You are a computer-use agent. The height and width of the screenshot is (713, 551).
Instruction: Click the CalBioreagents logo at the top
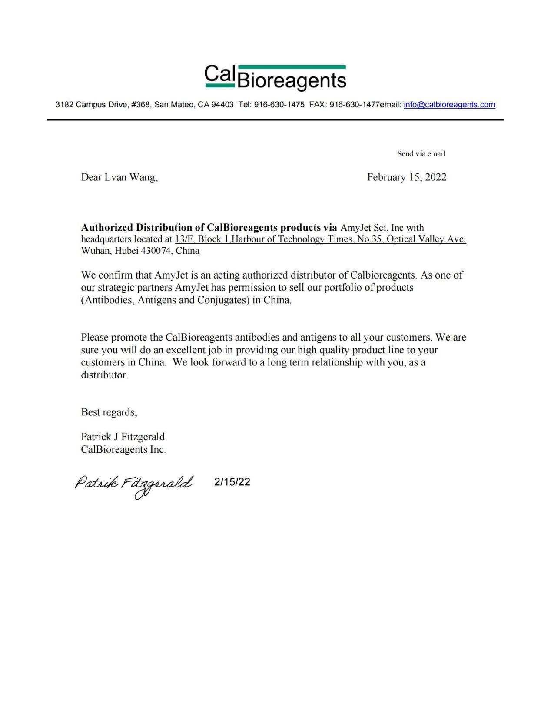click(x=275, y=78)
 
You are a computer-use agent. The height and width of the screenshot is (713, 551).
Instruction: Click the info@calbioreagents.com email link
click(x=449, y=105)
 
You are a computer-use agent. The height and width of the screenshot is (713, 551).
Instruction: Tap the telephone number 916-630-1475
click(x=279, y=105)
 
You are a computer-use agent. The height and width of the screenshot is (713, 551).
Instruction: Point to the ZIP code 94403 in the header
click(x=222, y=105)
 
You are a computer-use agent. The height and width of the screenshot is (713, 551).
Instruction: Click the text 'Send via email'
click(x=421, y=154)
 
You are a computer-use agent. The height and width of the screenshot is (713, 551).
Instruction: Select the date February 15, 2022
click(x=406, y=177)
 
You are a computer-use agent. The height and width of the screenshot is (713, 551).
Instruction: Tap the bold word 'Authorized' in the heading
click(x=107, y=228)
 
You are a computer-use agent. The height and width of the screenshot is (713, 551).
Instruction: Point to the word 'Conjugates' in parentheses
click(x=222, y=300)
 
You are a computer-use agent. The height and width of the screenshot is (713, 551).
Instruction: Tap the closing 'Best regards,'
click(x=109, y=412)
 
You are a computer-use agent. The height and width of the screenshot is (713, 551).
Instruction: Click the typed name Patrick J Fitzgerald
click(x=123, y=437)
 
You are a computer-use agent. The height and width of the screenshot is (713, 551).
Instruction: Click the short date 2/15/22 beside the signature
click(x=232, y=482)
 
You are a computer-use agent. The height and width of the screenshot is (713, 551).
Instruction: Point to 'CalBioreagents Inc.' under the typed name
click(x=123, y=449)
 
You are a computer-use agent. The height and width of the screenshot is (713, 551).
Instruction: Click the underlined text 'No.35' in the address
click(x=369, y=239)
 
